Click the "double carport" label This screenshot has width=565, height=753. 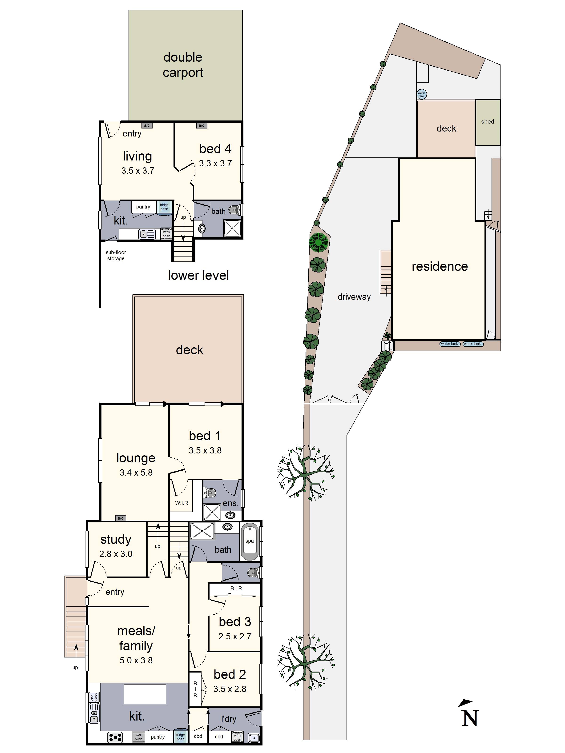click(183, 65)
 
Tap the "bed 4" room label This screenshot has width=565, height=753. click(215, 149)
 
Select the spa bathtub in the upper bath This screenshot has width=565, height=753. click(250, 542)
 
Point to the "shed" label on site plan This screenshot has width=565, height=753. click(487, 121)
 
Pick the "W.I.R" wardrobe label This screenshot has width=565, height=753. click(182, 503)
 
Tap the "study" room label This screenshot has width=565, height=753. click(116, 540)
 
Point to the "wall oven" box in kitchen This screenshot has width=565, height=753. click(138, 737)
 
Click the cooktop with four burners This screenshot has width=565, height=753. click(115, 737)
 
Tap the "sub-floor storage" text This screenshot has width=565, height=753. click(116, 255)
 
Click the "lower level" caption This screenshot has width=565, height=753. click(198, 275)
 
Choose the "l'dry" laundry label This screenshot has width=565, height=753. click(229, 719)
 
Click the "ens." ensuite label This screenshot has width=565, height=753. click(230, 504)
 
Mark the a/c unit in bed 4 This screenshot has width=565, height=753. click(201, 125)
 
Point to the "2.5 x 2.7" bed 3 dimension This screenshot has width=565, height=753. click(235, 636)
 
